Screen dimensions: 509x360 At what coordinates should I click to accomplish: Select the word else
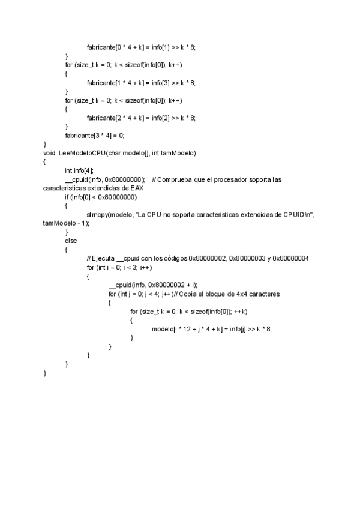[x=71, y=241]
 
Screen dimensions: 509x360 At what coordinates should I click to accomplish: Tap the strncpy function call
[x=98, y=214]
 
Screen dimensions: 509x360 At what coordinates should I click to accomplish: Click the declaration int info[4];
[x=79, y=170]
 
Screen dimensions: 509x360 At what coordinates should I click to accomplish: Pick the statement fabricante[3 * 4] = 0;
[x=95, y=136]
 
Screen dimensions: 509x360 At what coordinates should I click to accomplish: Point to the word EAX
[x=136, y=188]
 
